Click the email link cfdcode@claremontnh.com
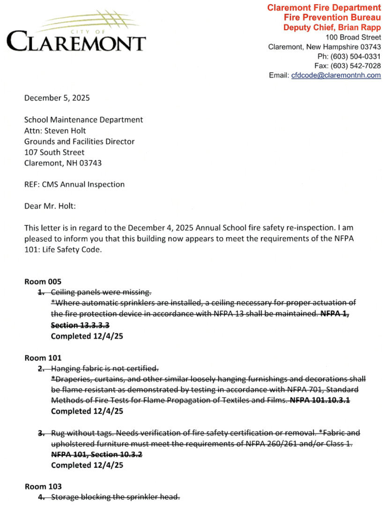336,75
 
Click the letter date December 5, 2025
57,98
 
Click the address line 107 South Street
54,152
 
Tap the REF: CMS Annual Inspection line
74,184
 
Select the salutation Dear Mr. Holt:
50,206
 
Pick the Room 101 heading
43,358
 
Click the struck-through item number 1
41,293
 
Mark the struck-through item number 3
41,433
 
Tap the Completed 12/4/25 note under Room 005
86,336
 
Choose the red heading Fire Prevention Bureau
332,17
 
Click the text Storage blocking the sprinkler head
115,497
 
